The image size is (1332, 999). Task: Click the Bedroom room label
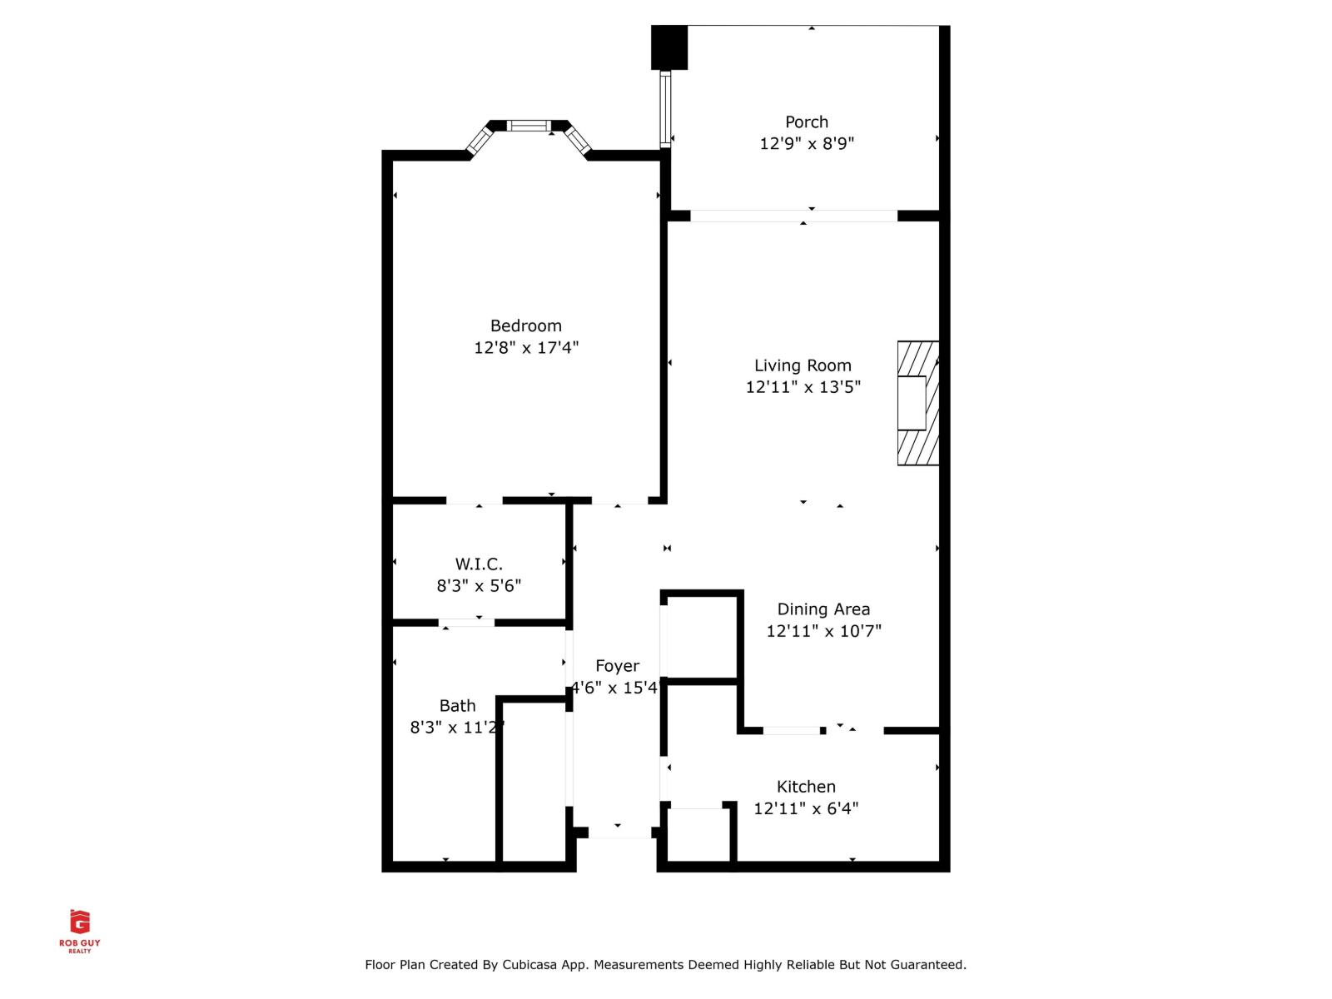(x=525, y=326)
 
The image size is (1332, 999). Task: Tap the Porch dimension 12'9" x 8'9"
(x=806, y=143)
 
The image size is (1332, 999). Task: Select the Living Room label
(x=803, y=365)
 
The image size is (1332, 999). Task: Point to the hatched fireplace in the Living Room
(x=918, y=403)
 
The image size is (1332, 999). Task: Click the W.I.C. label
(x=479, y=564)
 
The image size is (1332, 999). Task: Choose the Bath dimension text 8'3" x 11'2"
(x=457, y=727)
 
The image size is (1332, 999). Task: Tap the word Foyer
(x=617, y=665)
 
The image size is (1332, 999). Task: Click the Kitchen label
(x=806, y=786)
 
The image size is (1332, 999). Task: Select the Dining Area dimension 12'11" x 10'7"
(x=823, y=630)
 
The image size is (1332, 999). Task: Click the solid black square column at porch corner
(x=668, y=47)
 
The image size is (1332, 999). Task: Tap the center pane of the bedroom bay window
(x=529, y=126)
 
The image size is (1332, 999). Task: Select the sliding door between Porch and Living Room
(x=793, y=216)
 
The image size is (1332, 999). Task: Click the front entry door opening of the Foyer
(x=619, y=832)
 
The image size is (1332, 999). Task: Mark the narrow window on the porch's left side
(x=665, y=109)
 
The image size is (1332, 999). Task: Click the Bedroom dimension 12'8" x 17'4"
(x=525, y=347)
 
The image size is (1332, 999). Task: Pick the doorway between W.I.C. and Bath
(x=466, y=622)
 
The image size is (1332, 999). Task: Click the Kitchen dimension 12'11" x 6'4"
(x=806, y=808)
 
